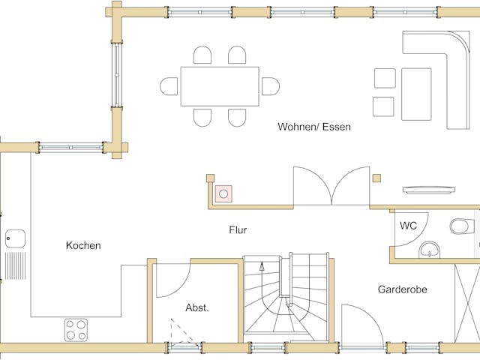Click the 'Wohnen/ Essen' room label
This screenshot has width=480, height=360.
coord(314,127)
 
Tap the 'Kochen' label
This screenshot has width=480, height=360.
coord(83,245)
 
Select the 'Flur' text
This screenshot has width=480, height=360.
coord(238,230)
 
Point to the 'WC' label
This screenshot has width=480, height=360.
coord(408,225)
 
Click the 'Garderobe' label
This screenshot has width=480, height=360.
coord(402,288)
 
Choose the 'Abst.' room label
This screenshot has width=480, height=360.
coord(197,307)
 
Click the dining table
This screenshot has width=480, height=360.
coord(220,86)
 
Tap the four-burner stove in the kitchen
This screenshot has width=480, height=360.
coord(75,328)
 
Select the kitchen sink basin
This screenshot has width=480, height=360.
coord(14,239)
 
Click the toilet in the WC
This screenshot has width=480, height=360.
coord(463,225)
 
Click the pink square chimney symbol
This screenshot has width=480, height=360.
coord(223,193)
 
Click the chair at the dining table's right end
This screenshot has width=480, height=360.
coord(271,86)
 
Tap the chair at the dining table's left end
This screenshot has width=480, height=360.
coord(169,86)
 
